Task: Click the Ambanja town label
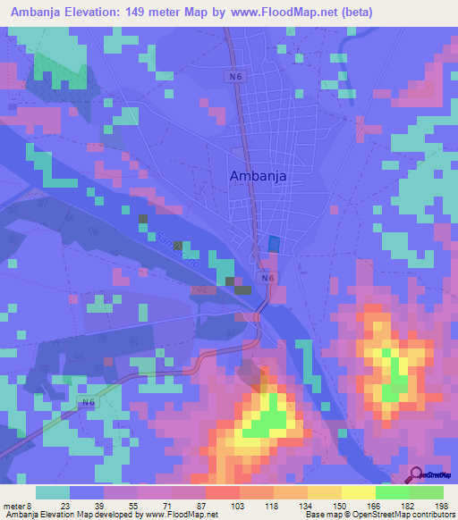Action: [259, 176]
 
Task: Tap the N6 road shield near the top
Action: [233, 78]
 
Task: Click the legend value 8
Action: [30, 507]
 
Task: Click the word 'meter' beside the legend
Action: [13, 507]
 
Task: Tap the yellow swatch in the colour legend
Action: [359, 492]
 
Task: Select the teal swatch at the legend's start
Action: [53, 492]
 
